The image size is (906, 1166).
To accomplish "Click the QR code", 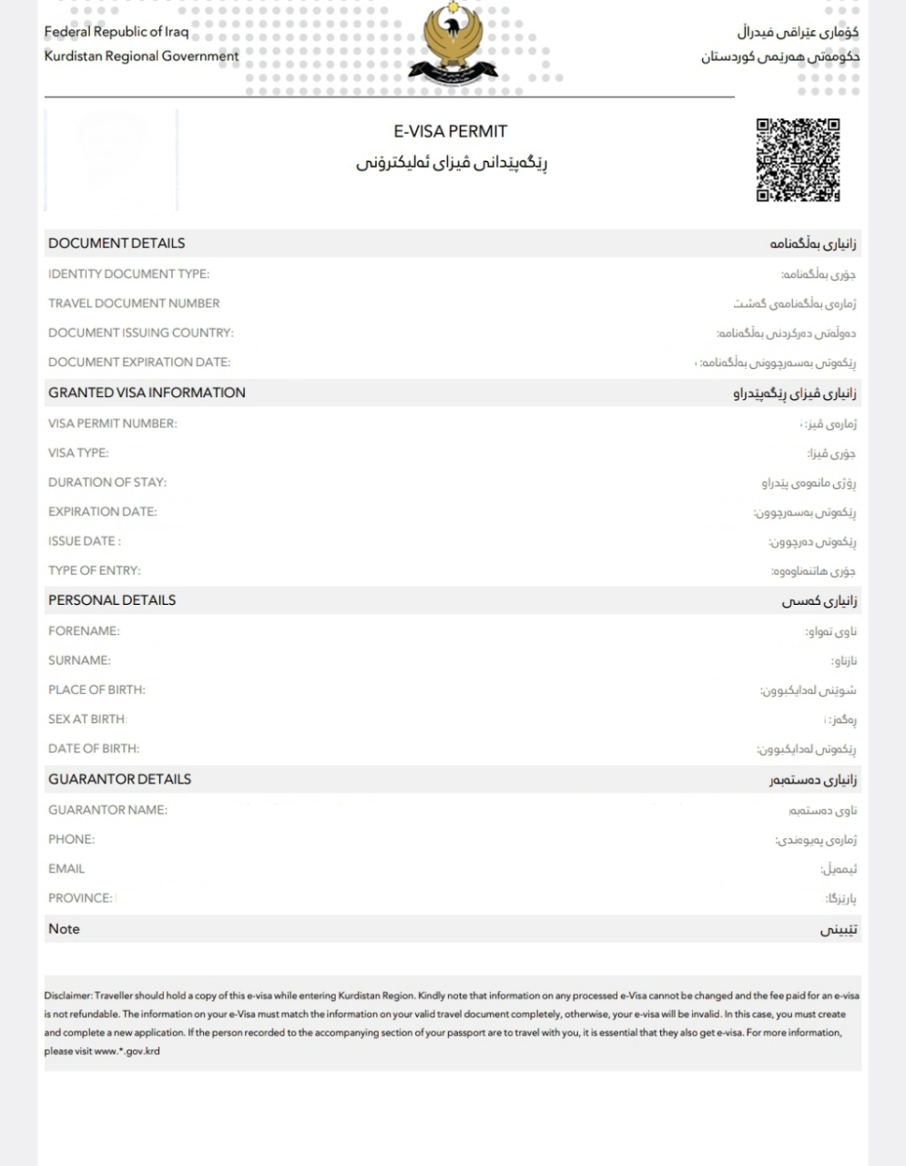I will pyautogui.click(x=798, y=159).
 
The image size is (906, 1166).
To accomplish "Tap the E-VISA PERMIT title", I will pyautogui.click(x=450, y=131).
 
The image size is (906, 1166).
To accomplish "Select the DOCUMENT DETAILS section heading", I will pyautogui.click(x=117, y=243).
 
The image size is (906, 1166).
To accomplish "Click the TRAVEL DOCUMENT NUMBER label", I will pyautogui.click(x=134, y=303).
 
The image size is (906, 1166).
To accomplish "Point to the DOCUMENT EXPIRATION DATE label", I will pyautogui.click(x=139, y=362).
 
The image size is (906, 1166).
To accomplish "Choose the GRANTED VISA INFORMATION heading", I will pyautogui.click(x=147, y=393).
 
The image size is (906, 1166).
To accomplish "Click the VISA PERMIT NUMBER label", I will pyautogui.click(x=113, y=424).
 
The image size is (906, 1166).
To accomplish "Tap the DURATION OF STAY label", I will pyautogui.click(x=107, y=482).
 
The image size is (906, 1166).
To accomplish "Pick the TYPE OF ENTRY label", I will pyautogui.click(x=95, y=570).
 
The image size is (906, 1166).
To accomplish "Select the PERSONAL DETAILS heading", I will pyautogui.click(x=112, y=600).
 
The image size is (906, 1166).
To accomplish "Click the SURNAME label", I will pyautogui.click(x=79, y=660).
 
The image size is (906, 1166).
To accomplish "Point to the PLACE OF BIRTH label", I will pyautogui.click(x=97, y=690).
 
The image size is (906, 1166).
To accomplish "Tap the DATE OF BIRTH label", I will pyautogui.click(x=94, y=749).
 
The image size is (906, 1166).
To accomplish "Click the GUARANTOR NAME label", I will pyautogui.click(x=107, y=810).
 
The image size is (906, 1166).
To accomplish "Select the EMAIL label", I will pyautogui.click(x=66, y=869).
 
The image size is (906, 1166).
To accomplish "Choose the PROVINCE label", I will pyautogui.click(x=80, y=898).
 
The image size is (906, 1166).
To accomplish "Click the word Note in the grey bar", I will pyautogui.click(x=64, y=929).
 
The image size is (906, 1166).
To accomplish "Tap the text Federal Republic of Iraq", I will pyautogui.click(x=117, y=32).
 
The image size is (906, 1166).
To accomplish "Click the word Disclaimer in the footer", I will pyautogui.click(x=67, y=996).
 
